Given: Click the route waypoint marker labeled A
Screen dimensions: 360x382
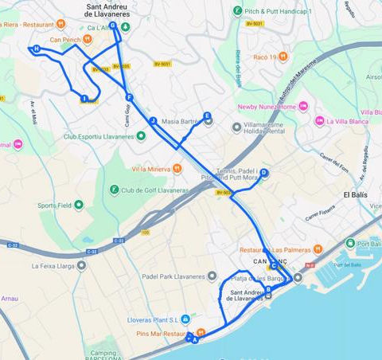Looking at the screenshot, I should [x=194, y=340].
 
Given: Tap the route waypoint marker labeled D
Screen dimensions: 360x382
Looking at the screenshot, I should [x=264, y=173].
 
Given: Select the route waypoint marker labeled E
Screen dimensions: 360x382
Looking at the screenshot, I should [x=207, y=116].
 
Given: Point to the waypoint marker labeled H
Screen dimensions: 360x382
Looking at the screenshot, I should [x=36, y=49].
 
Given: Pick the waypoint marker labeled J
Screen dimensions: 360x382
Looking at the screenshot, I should [x=151, y=120].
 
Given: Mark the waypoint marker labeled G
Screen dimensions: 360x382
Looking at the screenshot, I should [x=113, y=25].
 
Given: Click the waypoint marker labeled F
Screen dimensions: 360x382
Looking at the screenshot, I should [x=129, y=98].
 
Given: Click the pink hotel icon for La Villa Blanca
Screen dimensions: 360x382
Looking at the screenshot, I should [x=319, y=121].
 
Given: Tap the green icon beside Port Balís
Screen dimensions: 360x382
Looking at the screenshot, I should [x=350, y=243].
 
